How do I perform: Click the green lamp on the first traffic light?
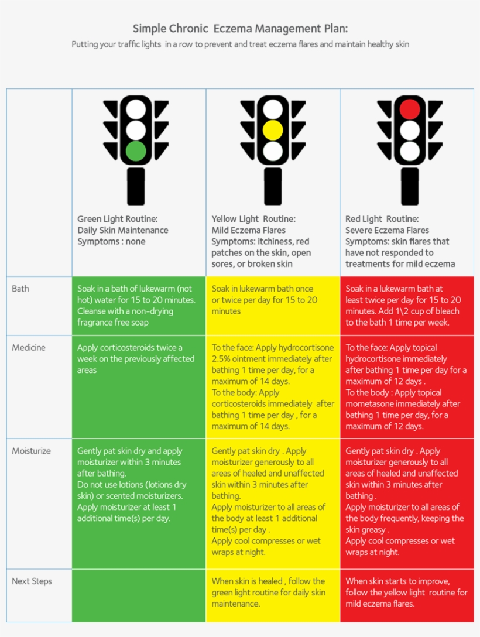[x=136, y=151]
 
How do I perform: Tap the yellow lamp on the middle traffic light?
[x=272, y=130]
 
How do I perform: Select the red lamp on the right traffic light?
[x=410, y=109]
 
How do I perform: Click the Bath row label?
[x=20, y=289]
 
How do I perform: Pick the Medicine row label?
[x=29, y=348]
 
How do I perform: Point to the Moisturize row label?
[x=31, y=451]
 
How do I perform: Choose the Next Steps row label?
[x=32, y=581]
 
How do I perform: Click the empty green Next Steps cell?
[x=139, y=595]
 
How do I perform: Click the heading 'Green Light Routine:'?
[x=117, y=219]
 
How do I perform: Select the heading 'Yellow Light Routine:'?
[x=253, y=219]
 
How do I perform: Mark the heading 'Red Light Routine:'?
[x=382, y=219]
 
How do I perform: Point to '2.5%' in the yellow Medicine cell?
[x=221, y=359]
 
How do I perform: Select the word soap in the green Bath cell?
[x=139, y=323]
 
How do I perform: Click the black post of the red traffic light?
[x=410, y=187]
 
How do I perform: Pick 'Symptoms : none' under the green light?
[x=111, y=241]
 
